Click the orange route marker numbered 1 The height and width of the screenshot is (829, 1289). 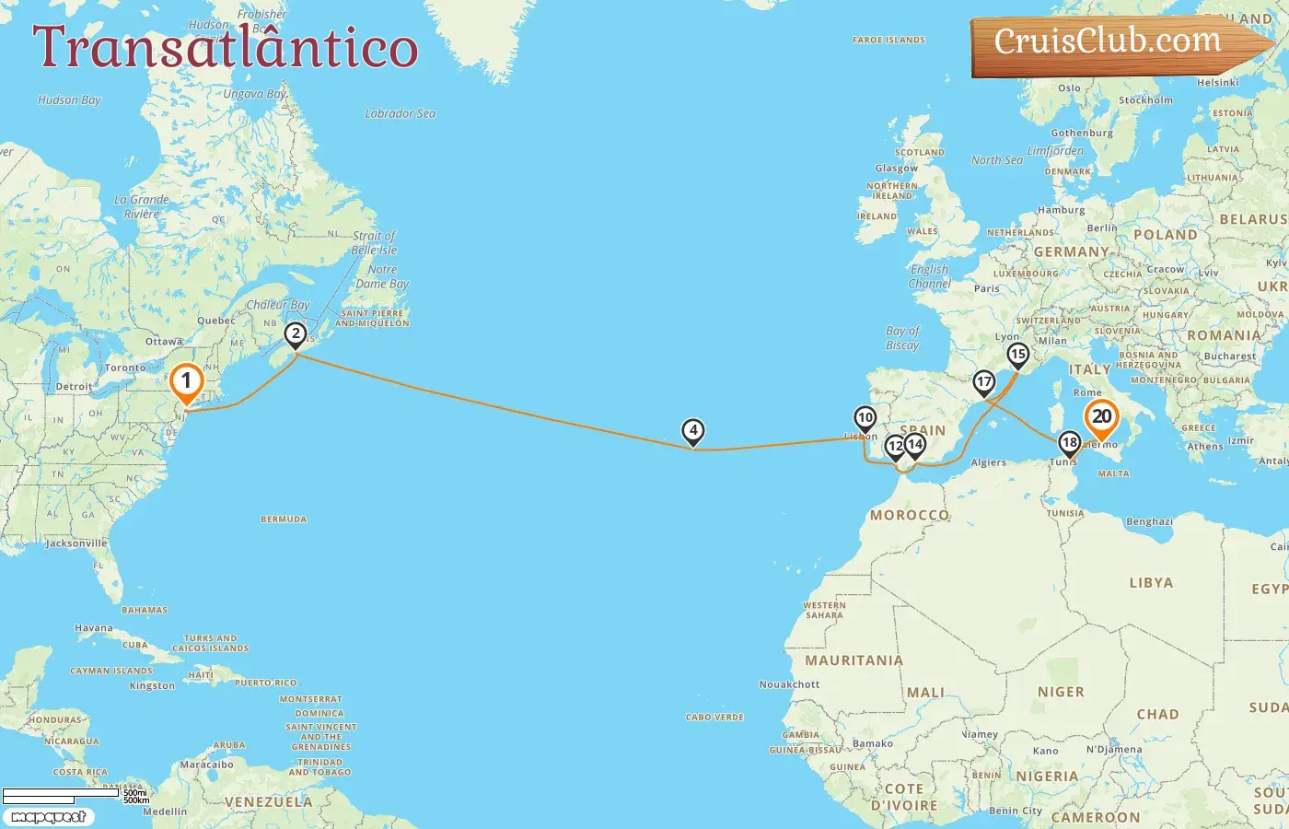coord(186,380)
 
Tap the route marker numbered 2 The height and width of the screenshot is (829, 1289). coord(295,333)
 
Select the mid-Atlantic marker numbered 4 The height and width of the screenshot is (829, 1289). coord(692,429)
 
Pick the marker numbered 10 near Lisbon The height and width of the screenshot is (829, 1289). coord(865,417)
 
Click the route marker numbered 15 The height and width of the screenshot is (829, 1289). coord(1017,354)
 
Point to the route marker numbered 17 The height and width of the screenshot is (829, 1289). coord(984,381)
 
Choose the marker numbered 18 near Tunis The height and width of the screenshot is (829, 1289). coord(1069,442)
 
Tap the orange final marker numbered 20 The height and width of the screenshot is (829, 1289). coord(1101,416)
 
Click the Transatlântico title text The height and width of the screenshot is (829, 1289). coord(226,47)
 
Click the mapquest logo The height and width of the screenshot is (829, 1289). coord(48,816)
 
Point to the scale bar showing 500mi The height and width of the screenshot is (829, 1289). coord(63,793)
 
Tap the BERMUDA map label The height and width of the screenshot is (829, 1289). coord(284,520)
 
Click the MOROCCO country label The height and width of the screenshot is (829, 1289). coord(909,515)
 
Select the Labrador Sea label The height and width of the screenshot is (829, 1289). coord(400,113)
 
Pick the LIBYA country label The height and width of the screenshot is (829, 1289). coord(1151,582)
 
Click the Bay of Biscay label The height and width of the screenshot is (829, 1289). coord(902,337)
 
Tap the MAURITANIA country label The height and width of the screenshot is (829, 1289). coord(854,660)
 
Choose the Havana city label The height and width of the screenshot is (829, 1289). coord(94,628)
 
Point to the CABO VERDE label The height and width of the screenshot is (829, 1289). coord(714,717)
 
